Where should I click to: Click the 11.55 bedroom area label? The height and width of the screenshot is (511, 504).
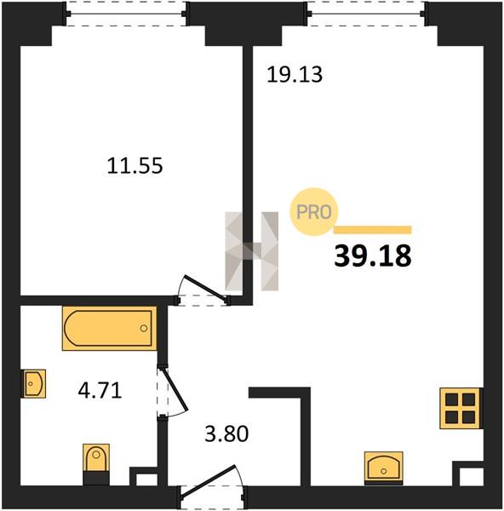click(x=135, y=165)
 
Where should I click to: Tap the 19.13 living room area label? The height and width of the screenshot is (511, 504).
click(x=295, y=74)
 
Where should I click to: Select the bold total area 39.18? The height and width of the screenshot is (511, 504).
click(x=373, y=256)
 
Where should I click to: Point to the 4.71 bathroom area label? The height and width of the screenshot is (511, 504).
click(x=100, y=390)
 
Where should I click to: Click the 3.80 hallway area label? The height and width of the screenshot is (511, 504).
click(x=226, y=433)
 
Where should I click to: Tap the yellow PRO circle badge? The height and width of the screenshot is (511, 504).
click(x=314, y=212)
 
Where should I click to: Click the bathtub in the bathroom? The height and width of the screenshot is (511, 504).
click(x=109, y=328)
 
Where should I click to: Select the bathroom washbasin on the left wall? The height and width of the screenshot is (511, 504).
click(x=33, y=383)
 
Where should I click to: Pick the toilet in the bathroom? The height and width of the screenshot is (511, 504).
click(x=96, y=464)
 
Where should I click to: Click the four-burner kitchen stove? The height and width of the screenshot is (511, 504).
click(x=461, y=408)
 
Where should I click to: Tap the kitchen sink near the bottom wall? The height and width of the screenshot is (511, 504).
click(x=384, y=468)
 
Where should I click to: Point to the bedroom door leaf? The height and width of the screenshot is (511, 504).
click(x=205, y=287)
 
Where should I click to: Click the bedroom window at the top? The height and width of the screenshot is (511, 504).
click(x=126, y=14)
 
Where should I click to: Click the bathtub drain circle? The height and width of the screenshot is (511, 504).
click(x=144, y=328)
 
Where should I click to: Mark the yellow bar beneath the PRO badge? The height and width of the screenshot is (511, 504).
click(x=373, y=230)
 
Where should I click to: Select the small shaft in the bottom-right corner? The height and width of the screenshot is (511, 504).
click(x=471, y=477)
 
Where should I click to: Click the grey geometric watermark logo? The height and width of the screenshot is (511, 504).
click(x=251, y=251)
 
